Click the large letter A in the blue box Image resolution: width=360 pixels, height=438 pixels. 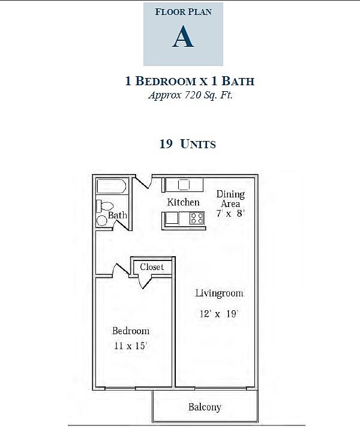tap(183, 37)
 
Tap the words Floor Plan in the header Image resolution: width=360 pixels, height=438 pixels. tap(183, 11)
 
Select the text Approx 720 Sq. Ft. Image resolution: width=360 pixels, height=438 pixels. tap(190, 95)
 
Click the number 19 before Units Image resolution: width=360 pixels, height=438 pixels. tap(166, 144)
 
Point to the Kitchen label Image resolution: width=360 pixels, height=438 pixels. tap(183, 202)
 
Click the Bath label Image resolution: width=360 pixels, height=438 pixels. tap(117, 215)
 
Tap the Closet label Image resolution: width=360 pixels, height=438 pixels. tap(152, 267)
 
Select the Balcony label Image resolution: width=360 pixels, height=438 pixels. tap(205, 407)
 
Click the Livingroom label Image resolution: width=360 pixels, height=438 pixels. tap(219, 293)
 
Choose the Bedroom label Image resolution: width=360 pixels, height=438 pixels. tap(131, 331)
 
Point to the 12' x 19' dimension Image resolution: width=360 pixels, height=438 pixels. tap(220, 313)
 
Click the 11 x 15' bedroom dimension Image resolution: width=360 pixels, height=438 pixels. tap(130, 346)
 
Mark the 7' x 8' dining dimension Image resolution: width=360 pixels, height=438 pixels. tap(230, 213)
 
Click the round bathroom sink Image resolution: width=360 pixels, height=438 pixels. tap(102, 221)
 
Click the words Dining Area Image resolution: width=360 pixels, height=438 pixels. tap(230, 199)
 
